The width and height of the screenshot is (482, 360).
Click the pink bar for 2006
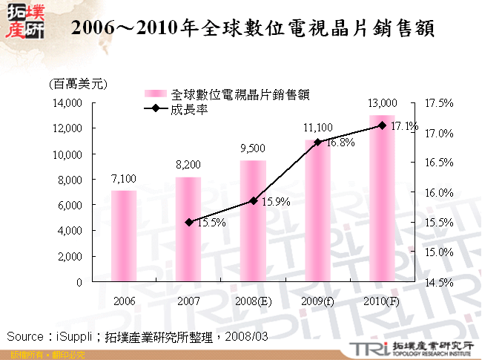[124, 236]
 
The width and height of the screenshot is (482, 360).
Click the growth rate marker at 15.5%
[188, 222]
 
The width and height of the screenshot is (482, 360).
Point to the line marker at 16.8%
[317, 142]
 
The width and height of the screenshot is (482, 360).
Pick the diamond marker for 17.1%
[382, 125]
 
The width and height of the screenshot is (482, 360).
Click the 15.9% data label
[276, 201]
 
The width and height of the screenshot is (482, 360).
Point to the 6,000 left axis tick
[68, 206]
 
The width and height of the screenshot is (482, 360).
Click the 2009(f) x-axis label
[317, 301]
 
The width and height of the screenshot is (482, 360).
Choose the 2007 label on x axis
[188, 301]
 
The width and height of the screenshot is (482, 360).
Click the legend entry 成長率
[188, 108]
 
